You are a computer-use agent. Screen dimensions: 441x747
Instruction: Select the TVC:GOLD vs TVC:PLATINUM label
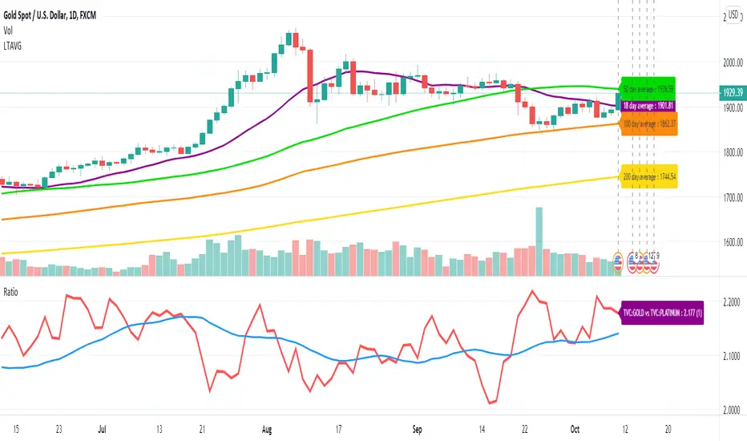[662, 311]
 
